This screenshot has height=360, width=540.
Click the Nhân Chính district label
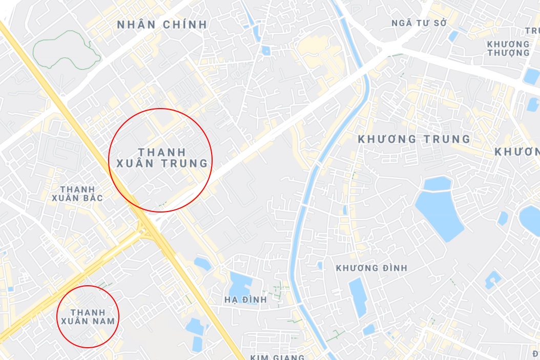162,24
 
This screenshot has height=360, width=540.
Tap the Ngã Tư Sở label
419,23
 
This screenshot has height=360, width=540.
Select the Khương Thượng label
508,48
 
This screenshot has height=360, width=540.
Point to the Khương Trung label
414,139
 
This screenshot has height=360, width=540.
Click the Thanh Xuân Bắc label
77,194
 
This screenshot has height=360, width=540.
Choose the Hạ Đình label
245,300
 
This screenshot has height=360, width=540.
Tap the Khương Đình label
371,268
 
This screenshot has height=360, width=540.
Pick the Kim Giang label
277,357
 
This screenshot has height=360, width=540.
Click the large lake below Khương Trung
438,205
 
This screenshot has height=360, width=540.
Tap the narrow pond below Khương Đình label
358,297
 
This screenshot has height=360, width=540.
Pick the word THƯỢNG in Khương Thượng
508,53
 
